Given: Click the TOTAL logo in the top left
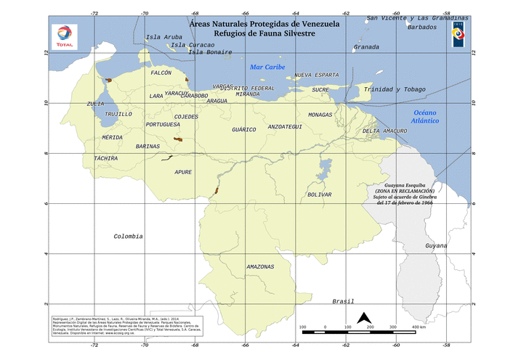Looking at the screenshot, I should [x=65, y=36].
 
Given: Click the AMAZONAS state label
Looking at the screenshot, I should [x=260, y=266].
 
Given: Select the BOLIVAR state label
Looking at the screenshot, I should [x=320, y=195].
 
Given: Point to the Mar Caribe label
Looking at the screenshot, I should [x=267, y=67].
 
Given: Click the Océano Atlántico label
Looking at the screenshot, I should [x=424, y=117].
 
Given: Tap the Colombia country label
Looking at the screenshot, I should [x=129, y=237].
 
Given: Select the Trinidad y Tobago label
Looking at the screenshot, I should [x=394, y=89].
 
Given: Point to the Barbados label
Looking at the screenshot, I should [x=423, y=27].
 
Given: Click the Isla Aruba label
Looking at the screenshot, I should [x=164, y=37].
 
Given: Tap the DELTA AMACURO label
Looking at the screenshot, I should [x=384, y=131].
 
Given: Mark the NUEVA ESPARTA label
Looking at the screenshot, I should [x=316, y=75].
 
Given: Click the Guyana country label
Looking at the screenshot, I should [x=436, y=246].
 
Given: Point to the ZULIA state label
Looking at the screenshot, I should [x=95, y=104].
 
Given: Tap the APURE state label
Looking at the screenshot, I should [x=183, y=172].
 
